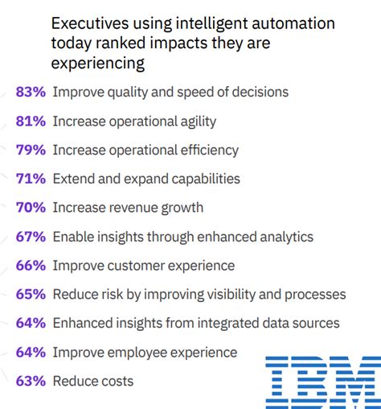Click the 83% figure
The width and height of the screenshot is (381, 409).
[x=31, y=93]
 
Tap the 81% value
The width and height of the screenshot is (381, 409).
[x=31, y=122]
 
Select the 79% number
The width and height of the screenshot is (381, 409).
[x=31, y=151]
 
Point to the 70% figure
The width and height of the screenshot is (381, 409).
[x=31, y=208]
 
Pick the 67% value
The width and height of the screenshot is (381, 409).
[x=31, y=237]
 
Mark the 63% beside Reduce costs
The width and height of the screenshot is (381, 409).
[x=31, y=381]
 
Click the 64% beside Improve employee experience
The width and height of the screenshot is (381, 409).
[x=31, y=352]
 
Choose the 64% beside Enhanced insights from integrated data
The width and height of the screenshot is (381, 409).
[x=31, y=323]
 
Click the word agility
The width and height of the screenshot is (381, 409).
[x=195, y=122]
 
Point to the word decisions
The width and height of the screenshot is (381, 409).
[x=259, y=93]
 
